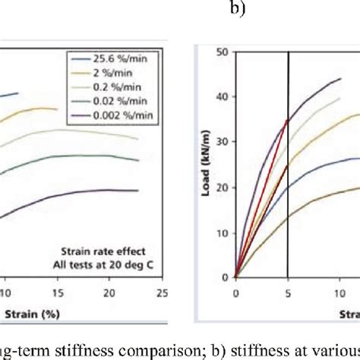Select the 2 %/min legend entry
(x=109, y=71)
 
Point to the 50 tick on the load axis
(x=223, y=52)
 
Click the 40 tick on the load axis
(x=223, y=97)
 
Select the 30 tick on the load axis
(x=223, y=142)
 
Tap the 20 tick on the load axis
(x=223, y=187)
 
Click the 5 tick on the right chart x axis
(x=288, y=292)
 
